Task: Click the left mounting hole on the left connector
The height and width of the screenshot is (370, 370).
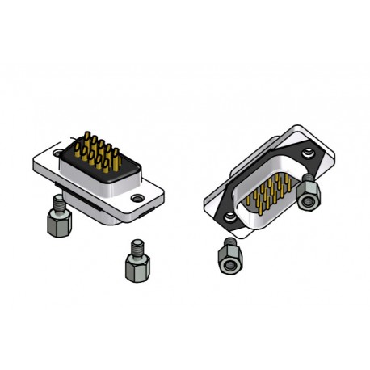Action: (58, 152)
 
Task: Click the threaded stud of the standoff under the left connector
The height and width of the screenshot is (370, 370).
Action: (58, 200)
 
